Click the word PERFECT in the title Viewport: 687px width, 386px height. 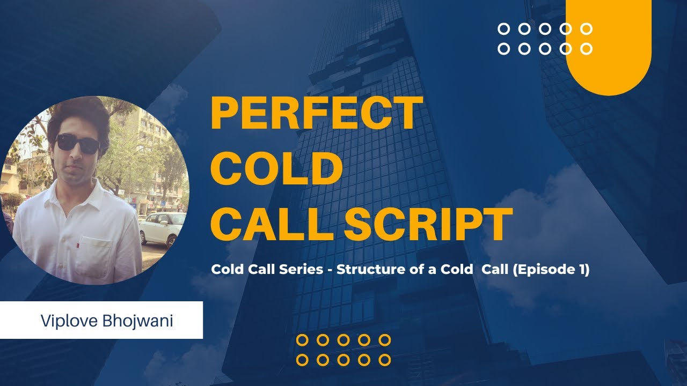point(313,114)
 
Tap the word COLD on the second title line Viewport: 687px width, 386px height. point(277,168)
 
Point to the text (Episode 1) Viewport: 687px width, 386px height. point(551,270)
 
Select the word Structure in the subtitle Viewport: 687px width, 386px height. point(365,270)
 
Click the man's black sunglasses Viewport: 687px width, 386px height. point(78,143)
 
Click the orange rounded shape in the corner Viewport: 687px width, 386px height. point(609,48)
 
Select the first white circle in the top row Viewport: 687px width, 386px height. point(504,29)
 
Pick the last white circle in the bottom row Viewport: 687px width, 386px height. point(587,49)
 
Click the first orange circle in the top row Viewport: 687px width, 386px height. point(302,340)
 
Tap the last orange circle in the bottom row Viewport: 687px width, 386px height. point(384,360)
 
